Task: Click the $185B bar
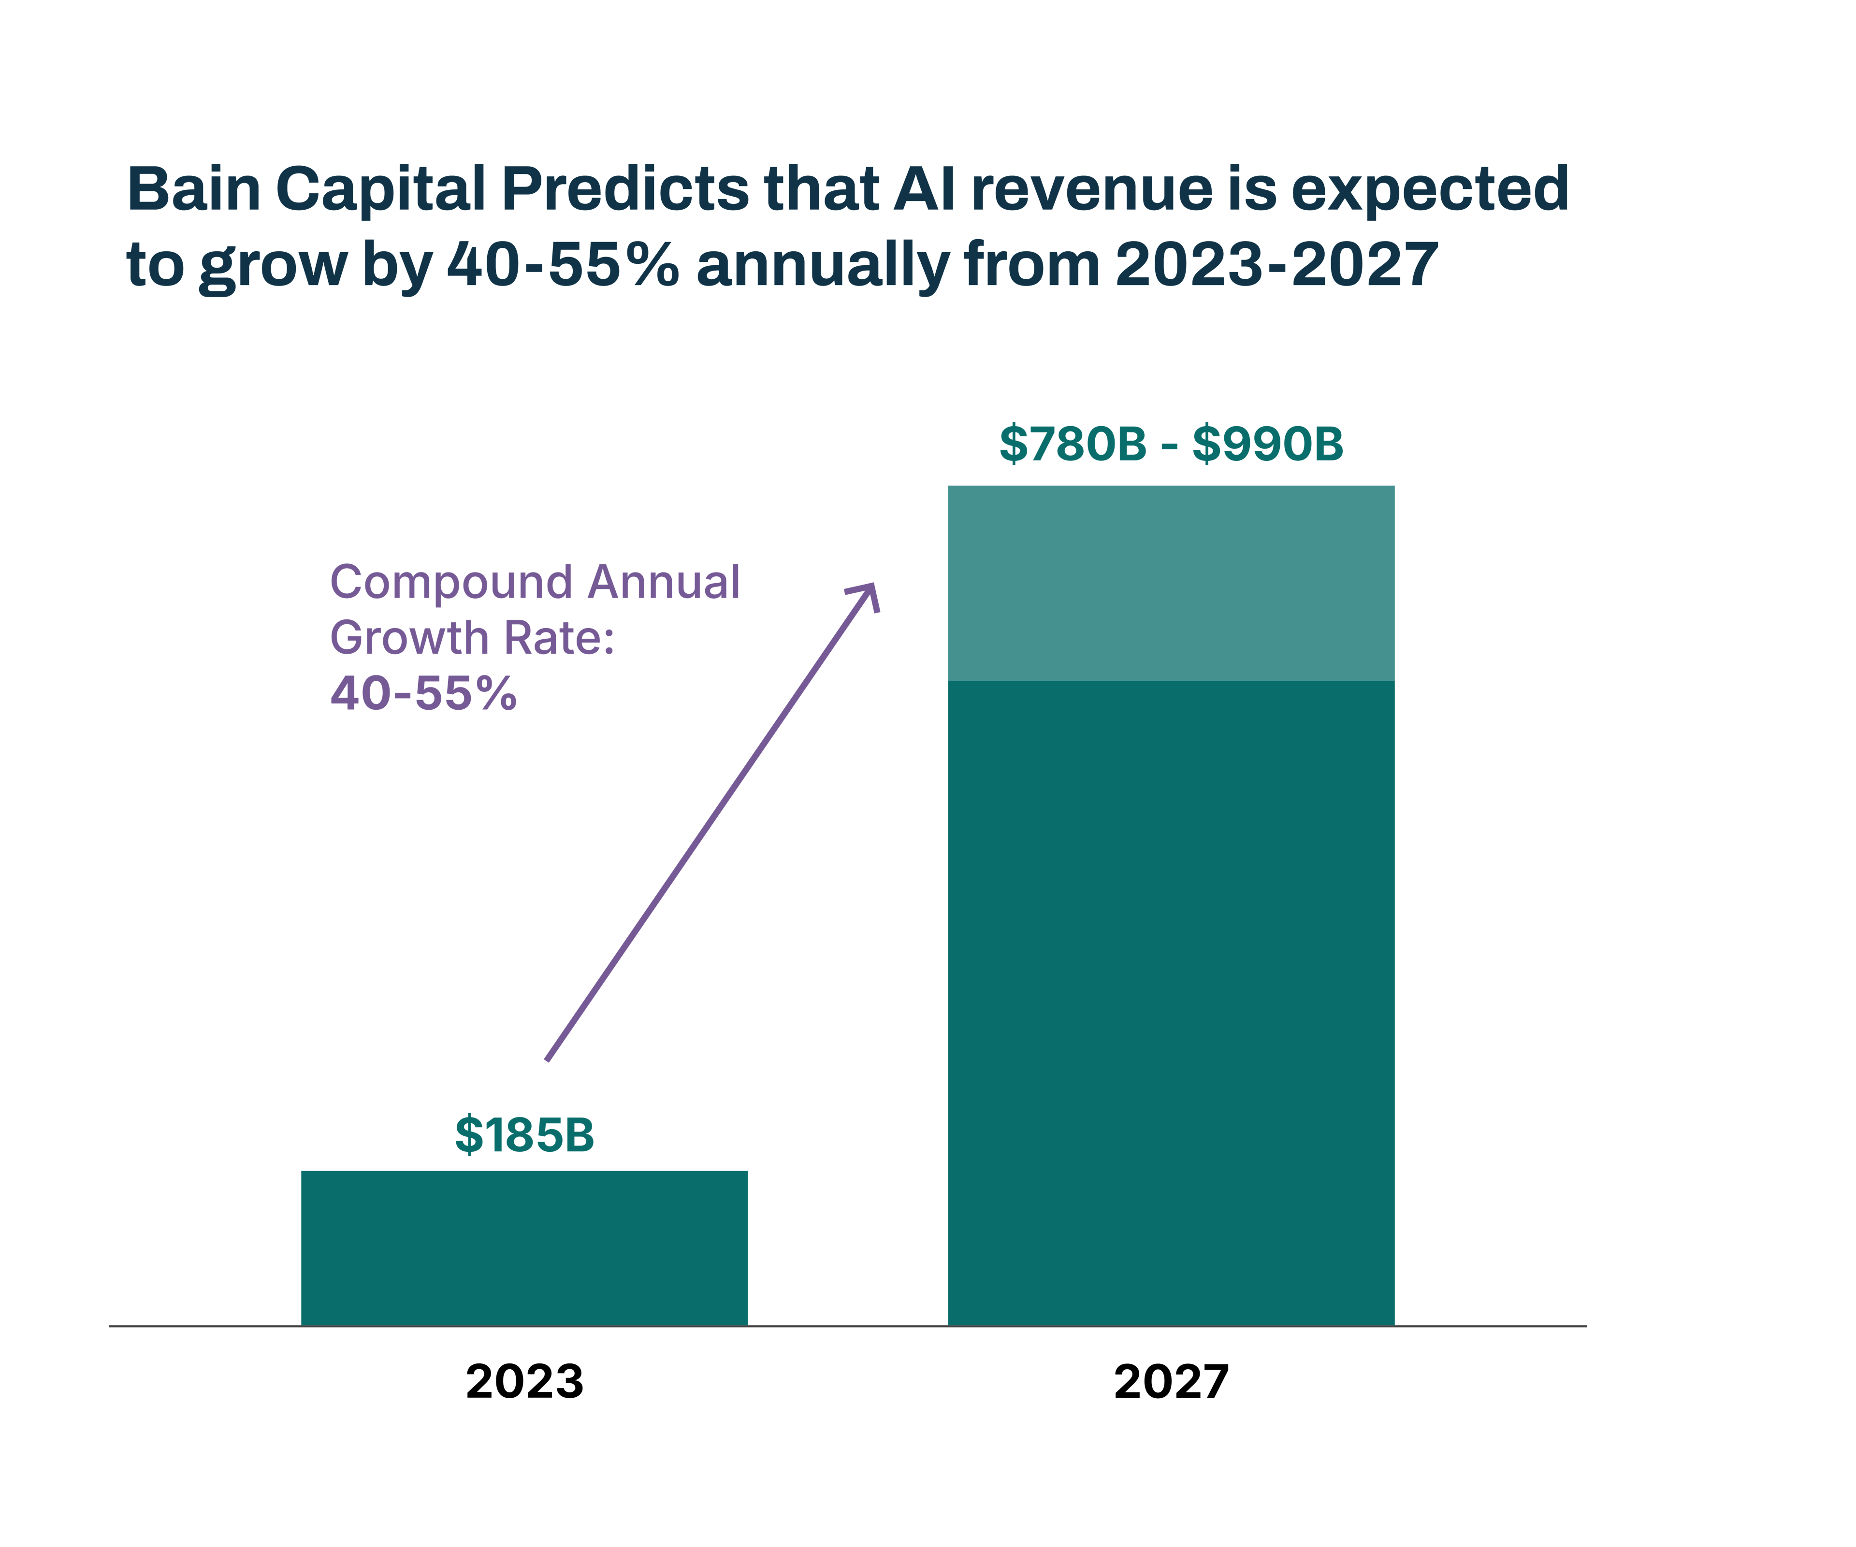pos(524,1247)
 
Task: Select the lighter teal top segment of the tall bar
pos(1171,583)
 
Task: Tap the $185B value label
pos(524,1135)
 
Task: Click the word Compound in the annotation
pos(451,583)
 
